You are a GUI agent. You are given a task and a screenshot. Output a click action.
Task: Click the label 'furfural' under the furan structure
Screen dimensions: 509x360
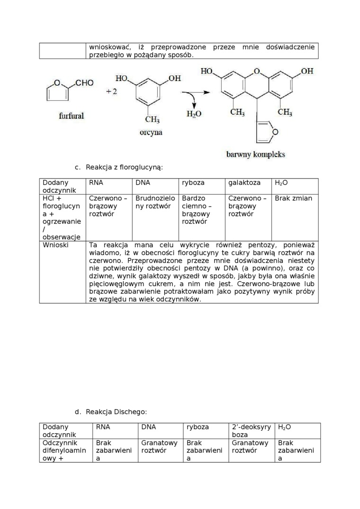72,116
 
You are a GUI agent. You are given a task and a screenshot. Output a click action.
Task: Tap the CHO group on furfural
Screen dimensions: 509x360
84,83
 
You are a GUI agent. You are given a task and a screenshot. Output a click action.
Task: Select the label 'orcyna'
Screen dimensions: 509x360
151,133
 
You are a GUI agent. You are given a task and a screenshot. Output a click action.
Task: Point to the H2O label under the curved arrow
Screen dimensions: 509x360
194,114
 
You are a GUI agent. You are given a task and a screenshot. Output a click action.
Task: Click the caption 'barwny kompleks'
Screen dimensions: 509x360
256,154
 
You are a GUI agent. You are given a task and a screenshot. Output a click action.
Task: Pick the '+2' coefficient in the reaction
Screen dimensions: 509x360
111,91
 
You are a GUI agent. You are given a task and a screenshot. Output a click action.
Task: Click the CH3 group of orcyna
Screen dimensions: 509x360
152,119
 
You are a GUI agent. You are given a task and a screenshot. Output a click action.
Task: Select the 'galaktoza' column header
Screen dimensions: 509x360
244,183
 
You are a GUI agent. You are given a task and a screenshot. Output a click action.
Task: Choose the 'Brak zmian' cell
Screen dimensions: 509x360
293,198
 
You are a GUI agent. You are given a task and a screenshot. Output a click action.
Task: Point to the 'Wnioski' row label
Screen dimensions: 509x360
55,245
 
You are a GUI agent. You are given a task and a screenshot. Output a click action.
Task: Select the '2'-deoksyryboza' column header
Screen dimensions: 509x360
251,431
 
